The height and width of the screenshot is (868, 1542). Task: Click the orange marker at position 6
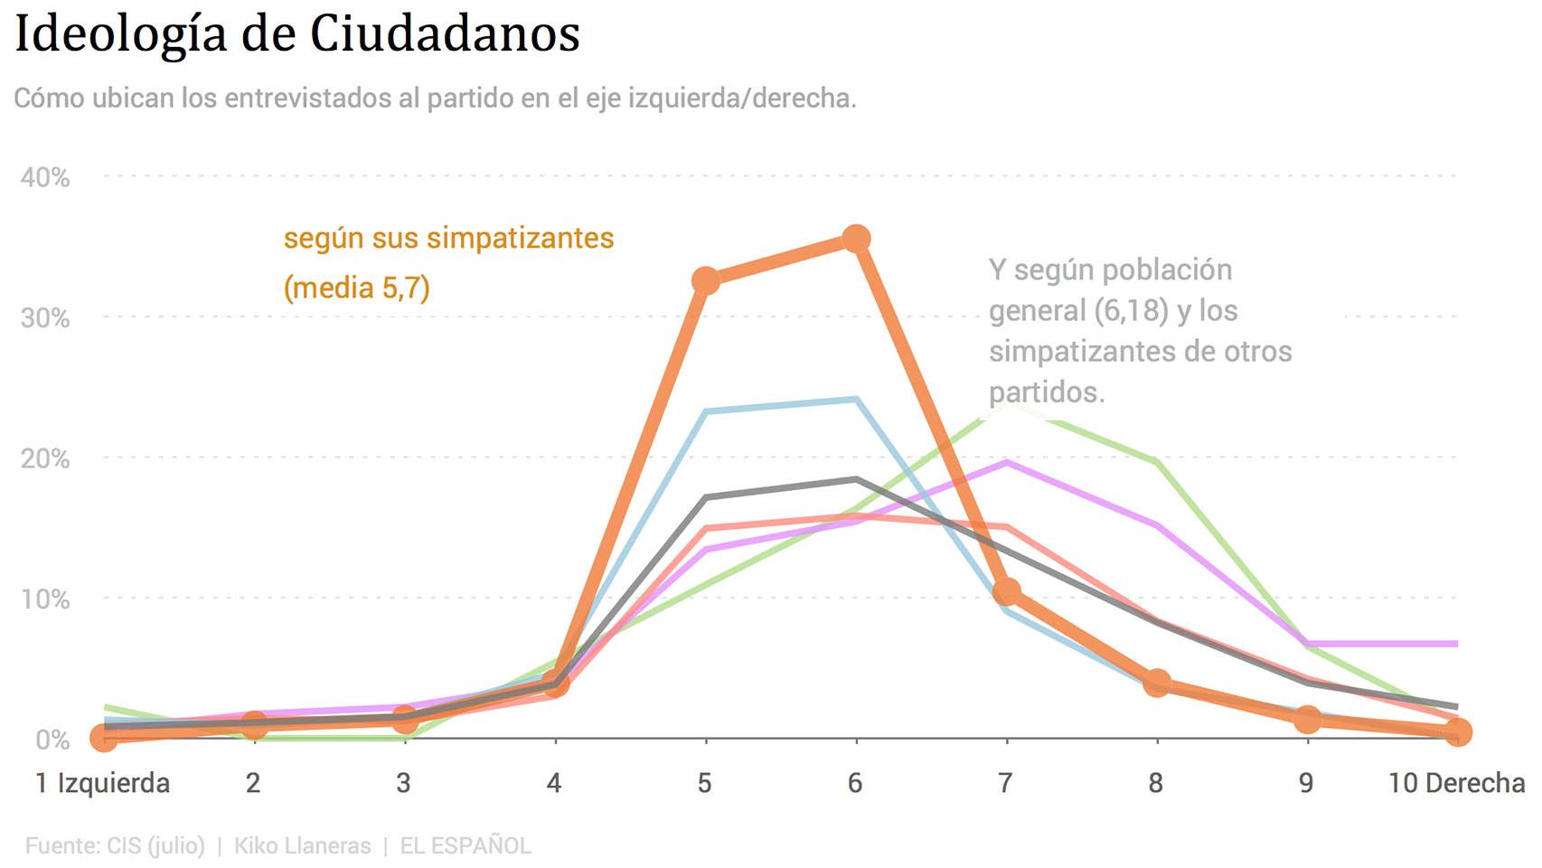click(x=856, y=239)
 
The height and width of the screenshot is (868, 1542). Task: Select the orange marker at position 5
click(x=706, y=280)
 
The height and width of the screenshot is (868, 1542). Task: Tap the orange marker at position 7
click(x=1006, y=591)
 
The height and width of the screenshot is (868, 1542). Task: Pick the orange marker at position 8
click(x=1157, y=683)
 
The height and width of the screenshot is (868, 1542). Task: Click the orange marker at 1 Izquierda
click(x=104, y=739)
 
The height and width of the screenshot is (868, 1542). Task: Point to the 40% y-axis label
click(x=45, y=177)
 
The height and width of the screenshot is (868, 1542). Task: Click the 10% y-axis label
click(x=45, y=599)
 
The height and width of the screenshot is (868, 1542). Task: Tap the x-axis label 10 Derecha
click(x=1455, y=783)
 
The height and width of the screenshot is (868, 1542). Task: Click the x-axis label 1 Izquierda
click(x=102, y=783)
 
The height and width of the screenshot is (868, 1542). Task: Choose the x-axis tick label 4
click(x=554, y=783)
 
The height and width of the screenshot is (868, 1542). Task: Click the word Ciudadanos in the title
click(x=445, y=34)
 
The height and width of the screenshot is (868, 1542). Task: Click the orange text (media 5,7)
click(x=357, y=288)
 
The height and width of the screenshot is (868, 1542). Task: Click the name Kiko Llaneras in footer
click(x=302, y=845)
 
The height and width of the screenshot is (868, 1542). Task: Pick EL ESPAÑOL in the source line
click(x=465, y=845)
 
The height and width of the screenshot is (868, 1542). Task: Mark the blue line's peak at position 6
click(x=856, y=399)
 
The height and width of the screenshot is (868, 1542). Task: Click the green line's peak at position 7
click(x=1006, y=411)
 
